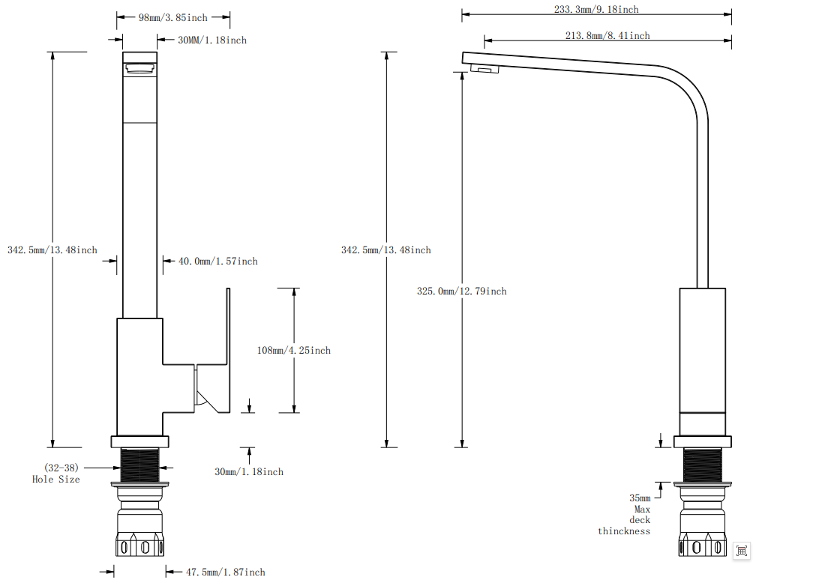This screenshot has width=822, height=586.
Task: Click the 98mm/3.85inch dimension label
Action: pos(173,17)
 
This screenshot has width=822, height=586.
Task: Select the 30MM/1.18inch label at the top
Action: pos(212,40)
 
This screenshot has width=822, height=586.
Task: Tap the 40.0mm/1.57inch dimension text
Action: pos(217,261)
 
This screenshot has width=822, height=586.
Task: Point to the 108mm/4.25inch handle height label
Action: pos(293,350)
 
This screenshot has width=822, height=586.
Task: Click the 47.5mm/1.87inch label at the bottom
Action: pos(225,572)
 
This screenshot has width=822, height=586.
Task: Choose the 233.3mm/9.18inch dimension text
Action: pos(596,10)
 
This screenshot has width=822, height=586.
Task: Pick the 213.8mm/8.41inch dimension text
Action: pos(607,35)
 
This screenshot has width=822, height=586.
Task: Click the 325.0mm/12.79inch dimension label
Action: pos(461,291)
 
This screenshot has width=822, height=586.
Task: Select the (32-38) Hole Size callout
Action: pos(56,473)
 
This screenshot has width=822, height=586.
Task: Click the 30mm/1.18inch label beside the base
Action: pos(249,471)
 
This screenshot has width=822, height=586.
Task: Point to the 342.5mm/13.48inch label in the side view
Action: pos(385,250)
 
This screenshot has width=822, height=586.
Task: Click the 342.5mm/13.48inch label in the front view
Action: pos(52,250)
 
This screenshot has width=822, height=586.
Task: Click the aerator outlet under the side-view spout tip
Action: pos(484,70)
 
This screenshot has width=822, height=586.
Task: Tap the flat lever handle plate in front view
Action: pos(222,349)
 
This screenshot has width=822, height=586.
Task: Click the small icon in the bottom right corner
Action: pos(742,551)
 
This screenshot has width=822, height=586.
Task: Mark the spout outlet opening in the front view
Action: pos(139,70)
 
